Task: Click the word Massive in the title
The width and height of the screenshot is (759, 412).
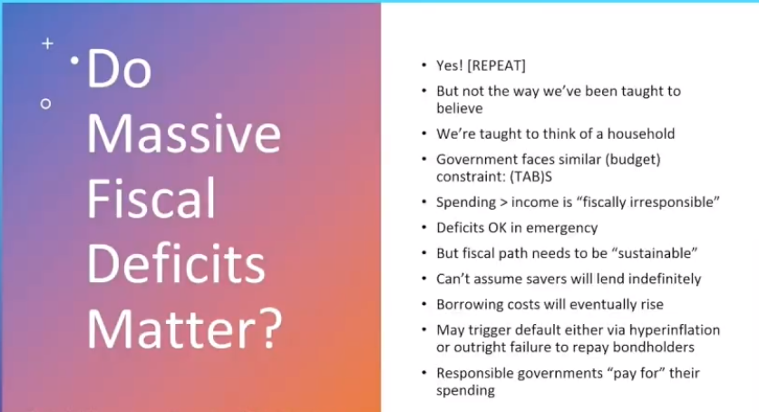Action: pos(183,133)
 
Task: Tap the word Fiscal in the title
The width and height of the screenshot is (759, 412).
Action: pos(151,199)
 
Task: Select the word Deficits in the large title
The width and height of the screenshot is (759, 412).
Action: pos(176,263)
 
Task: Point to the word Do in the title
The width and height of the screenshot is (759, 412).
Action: pos(119,69)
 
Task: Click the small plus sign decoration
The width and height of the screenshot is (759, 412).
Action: pos(47,44)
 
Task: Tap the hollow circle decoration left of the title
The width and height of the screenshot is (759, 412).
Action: pos(45,103)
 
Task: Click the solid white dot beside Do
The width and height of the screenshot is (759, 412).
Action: pos(74,61)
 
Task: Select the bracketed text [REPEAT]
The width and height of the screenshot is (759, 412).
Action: pos(496,66)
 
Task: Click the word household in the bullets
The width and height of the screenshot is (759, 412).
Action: pos(641,133)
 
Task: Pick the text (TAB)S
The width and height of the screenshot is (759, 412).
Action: pos(530,177)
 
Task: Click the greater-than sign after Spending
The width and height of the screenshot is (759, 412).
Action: pos(503,202)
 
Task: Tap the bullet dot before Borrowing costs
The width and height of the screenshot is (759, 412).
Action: pos(424,304)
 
